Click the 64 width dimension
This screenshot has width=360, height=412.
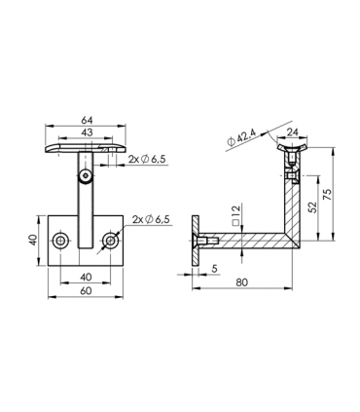[89, 122]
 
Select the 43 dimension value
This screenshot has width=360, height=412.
[89, 133]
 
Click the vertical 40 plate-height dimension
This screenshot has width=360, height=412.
[33, 240]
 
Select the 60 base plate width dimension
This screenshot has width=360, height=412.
[88, 289]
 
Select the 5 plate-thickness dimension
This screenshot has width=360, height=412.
[214, 270]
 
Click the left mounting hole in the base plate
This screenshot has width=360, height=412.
[63, 240]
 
